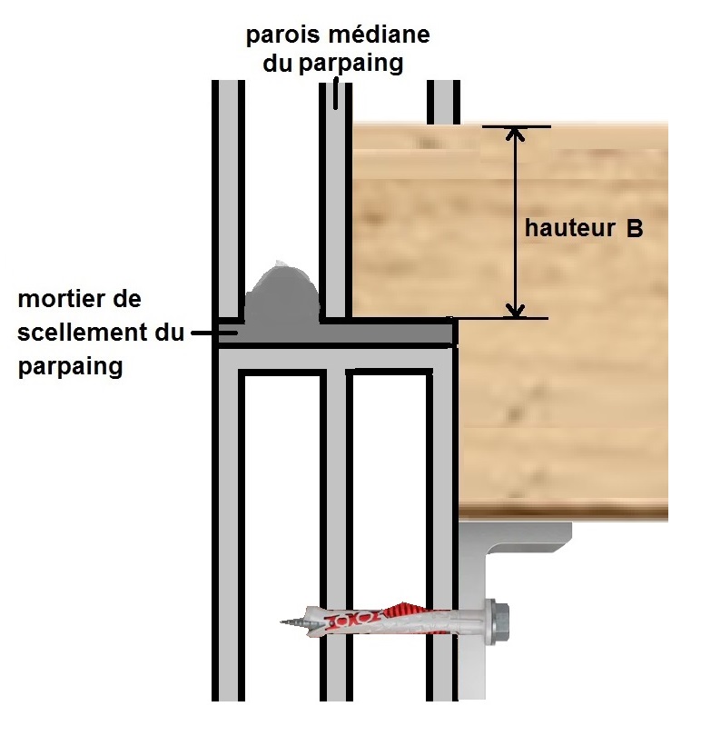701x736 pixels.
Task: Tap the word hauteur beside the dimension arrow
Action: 568,229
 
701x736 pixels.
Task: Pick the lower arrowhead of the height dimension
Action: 516,310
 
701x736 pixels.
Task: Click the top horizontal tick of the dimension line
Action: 516,126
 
